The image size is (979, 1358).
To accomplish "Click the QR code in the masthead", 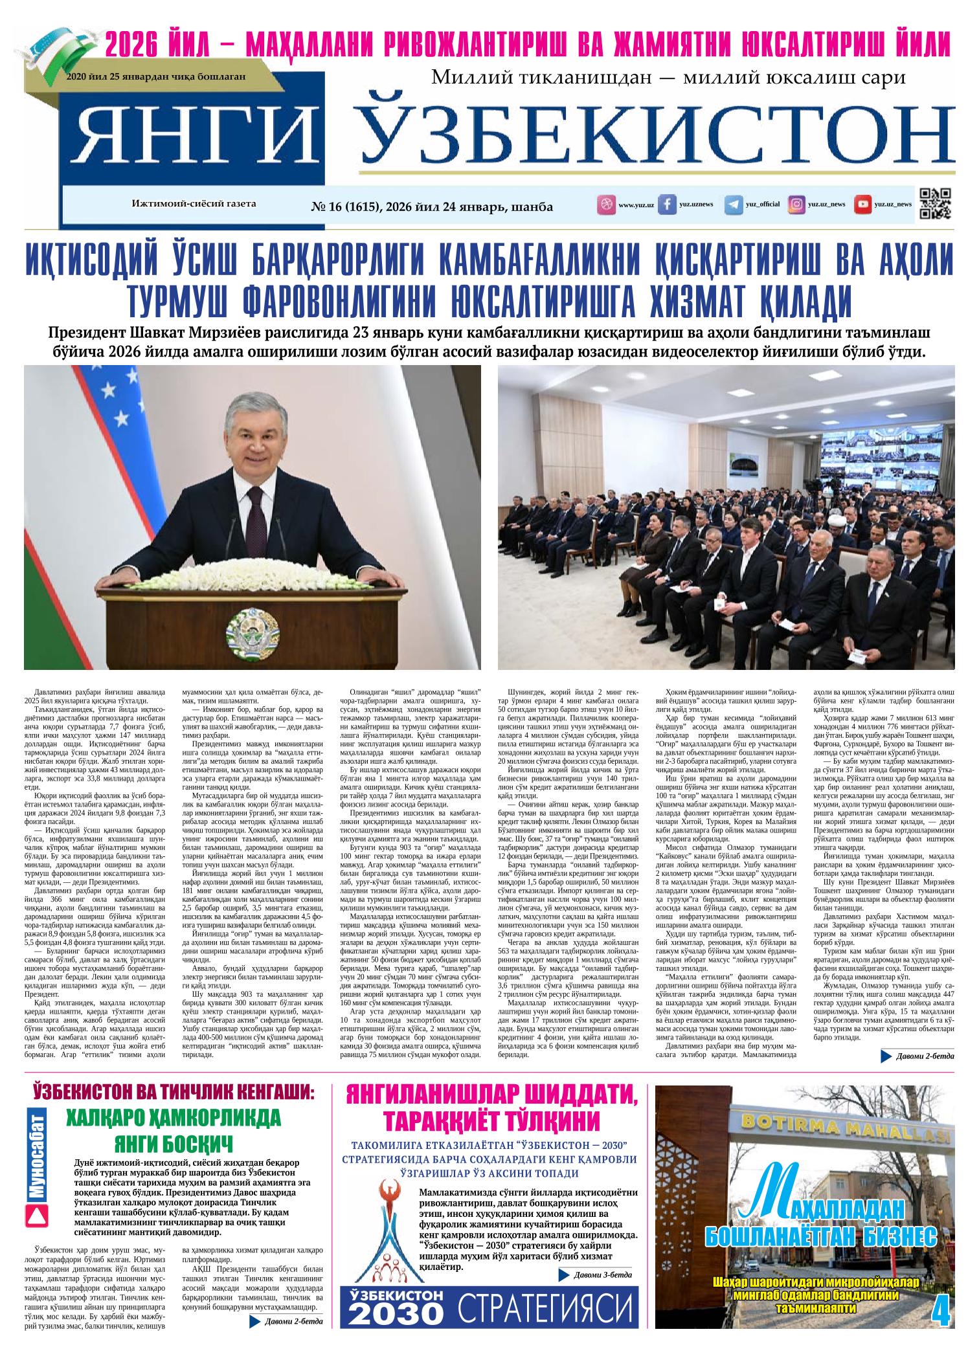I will pos(935,204).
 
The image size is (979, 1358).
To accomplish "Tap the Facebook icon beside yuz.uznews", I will pos(668,205).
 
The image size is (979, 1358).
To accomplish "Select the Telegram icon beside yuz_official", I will pos(734,205).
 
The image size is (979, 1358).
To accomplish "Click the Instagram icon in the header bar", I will pos(796,205).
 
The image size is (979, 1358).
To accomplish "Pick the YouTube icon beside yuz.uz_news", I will pos(862,205).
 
